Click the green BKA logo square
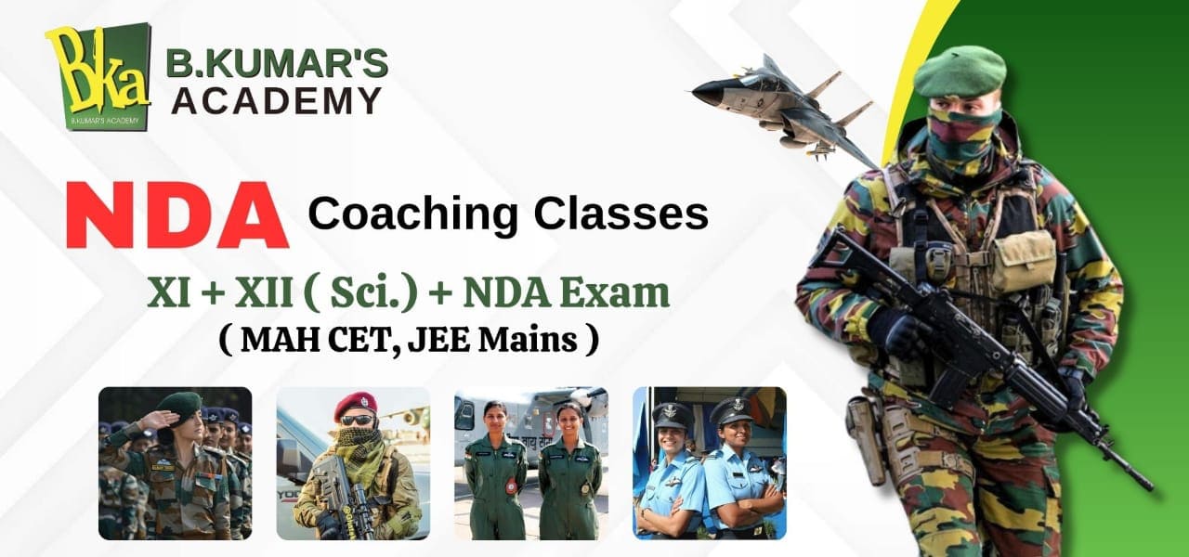[x=98, y=76]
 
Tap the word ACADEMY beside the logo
[x=276, y=99]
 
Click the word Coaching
[x=414, y=214]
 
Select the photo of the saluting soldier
[x=175, y=463]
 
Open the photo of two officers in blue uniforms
[x=709, y=463]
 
